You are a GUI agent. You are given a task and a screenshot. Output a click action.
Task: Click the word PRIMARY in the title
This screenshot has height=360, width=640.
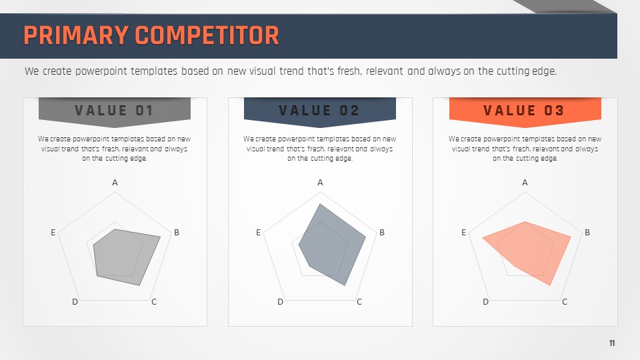pos(76,35)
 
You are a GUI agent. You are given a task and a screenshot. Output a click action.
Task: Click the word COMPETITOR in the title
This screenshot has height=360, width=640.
pos(207,35)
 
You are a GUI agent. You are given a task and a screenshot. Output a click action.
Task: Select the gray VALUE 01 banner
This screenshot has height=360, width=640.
pos(115,112)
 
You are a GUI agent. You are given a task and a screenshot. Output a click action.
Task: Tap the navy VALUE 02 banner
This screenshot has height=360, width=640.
pos(320,112)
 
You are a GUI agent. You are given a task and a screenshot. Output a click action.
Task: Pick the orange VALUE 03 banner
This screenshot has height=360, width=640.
pos(525,112)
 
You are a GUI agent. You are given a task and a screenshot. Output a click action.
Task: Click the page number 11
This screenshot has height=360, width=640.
pos(612,343)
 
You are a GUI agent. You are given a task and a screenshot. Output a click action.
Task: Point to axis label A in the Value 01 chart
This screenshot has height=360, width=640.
pos(115,183)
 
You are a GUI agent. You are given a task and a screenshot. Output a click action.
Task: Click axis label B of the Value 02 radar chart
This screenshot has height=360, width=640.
pos(382,232)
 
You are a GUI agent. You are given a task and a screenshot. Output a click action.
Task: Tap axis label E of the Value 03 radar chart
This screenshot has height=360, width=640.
pos(464,232)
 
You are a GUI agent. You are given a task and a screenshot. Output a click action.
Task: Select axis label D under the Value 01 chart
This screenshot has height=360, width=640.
pos(75,301)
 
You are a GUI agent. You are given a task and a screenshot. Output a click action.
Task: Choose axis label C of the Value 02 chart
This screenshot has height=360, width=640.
pos(359,301)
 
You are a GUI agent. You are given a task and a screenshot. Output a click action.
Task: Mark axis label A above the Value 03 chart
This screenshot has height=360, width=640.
pos(525,183)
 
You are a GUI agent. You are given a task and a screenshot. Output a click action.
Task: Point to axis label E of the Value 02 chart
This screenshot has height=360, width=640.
pos(259,232)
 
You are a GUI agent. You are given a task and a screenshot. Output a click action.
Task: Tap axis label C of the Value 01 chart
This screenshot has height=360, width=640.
pos(154,301)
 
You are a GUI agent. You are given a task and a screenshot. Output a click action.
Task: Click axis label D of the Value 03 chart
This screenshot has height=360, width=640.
pos(486,301)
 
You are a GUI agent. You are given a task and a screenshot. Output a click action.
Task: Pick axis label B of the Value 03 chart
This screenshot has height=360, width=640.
pos(587,232)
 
